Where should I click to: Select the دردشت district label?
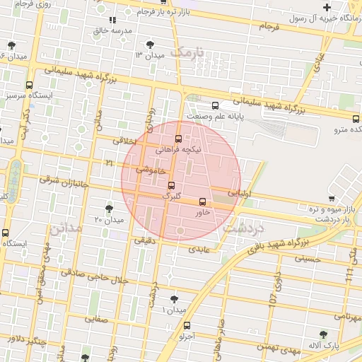point(243,228)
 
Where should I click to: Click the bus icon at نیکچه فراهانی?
point(178,139)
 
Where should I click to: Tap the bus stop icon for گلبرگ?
point(171,185)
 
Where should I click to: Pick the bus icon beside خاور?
point(203,202)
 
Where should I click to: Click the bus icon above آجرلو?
point(187,326)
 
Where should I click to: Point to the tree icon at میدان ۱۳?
point(150,45)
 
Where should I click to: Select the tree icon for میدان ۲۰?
point(108,209)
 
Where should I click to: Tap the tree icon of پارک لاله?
point(324,334)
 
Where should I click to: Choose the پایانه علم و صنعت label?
point(215,115)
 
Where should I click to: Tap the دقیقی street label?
point(139,240)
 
